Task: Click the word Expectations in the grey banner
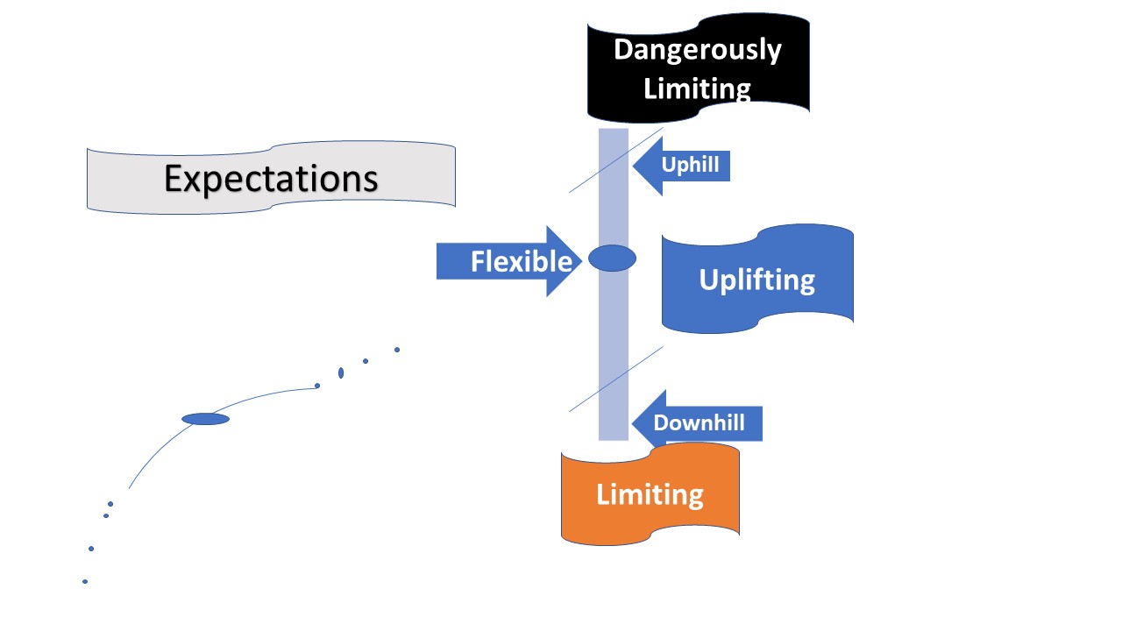click(271, 179)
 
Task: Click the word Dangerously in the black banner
click(697, 49)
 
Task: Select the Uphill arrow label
click(691, 165)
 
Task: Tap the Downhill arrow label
click(699, 423)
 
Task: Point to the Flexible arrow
click(508, 261)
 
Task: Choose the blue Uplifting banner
click(756, 280)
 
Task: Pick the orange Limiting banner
click(650, 494)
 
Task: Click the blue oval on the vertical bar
click(612, 258)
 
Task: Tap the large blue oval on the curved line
click(205, 419)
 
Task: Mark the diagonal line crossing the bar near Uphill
click(586, 181)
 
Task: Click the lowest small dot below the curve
click(85, 581)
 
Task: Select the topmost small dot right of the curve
click(397, 350)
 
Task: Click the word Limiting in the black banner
click(697, 89)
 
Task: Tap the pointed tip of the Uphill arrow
click(634, 165)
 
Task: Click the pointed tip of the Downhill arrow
click(632, 423)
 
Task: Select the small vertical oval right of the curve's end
click(341, 373)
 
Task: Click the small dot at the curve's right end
click(317, 386)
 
